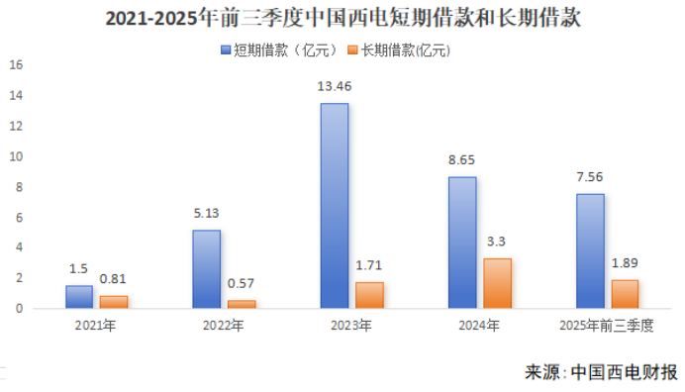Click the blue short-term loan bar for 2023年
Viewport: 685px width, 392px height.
coord(334,206)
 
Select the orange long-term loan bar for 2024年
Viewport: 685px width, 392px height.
coord(497,283)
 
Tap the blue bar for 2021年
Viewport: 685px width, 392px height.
coord(79,297)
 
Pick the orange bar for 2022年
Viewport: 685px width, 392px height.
coord(242,304)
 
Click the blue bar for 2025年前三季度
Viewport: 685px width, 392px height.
coord(589,251)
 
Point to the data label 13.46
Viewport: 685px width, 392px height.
coord(334,86)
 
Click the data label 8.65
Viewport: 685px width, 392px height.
coord(462,159)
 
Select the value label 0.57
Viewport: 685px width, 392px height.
coord(242,283)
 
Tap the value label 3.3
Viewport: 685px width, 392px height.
coord(497,241)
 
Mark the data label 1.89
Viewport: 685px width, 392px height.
coord(625,262)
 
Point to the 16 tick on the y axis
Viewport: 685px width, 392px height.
coord(15,65)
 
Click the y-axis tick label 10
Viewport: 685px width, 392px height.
coord(15,156)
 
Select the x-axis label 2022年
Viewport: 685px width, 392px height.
coord(224,325)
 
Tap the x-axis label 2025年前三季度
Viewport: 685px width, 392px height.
coord(607,325)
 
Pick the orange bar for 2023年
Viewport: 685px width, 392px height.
coord(368,295)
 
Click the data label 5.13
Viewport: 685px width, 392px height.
coord(206,213)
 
